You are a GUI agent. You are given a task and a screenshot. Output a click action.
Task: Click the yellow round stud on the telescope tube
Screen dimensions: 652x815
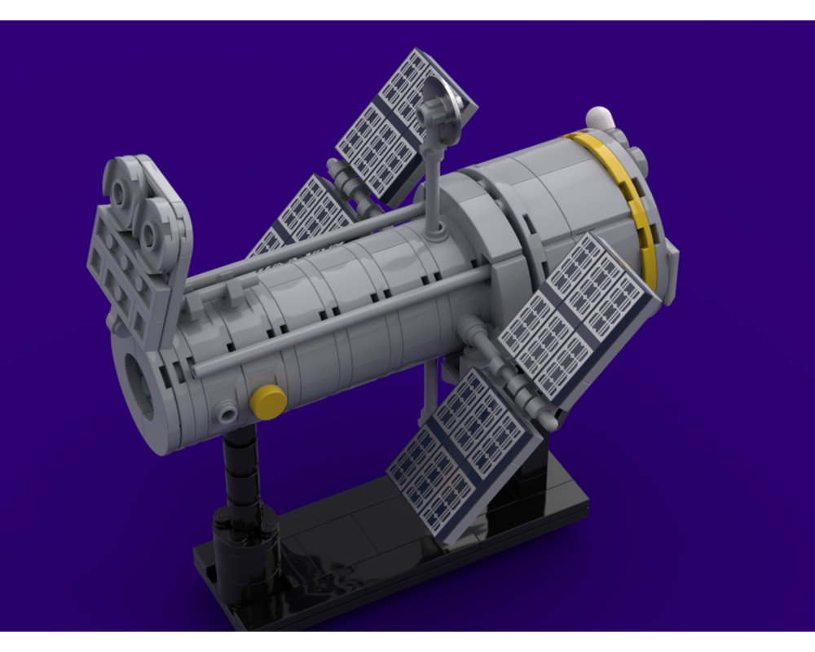point(268,399)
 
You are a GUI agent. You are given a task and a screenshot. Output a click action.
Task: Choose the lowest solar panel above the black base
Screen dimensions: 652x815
point(465,452)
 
